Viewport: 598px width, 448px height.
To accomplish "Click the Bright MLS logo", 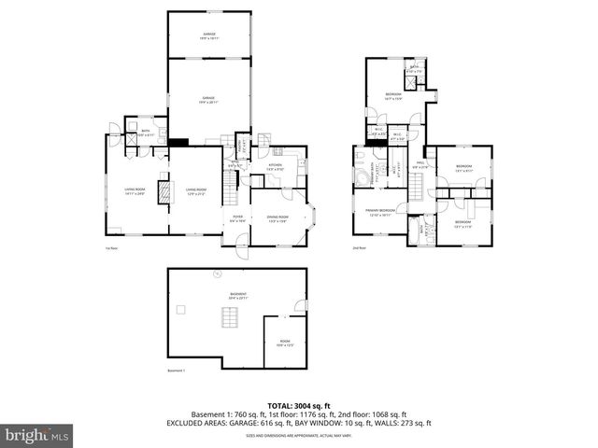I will (x=37, y=435).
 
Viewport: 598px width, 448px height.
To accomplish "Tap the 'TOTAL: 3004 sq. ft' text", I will (x=299, y=407).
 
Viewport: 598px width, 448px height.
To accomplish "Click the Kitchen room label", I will (x=276, y=166).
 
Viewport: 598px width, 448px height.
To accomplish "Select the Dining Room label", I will (x=278, y=218).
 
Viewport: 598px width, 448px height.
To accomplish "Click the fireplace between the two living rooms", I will (x=165, y=192).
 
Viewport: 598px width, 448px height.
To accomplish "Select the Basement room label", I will (x=237, y=295).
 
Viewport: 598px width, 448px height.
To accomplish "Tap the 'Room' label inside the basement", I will (x=284, y=343).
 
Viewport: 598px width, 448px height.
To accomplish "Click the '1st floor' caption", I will (x=111, y=248).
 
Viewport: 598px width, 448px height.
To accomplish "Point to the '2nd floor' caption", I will (x=358, y=248).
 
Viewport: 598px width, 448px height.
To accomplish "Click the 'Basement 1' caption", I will (x=178, y=371).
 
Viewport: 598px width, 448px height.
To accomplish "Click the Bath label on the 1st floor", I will (x=146, y=133).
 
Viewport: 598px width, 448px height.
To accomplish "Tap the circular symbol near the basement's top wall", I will (x=216, y=273).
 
